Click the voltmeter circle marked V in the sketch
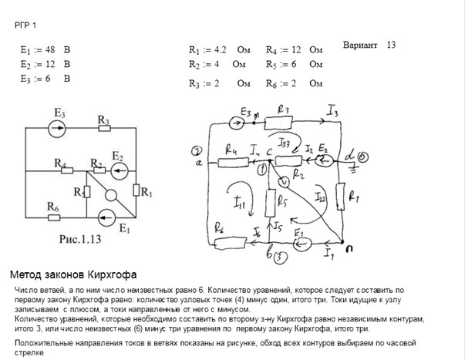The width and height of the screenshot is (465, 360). [x=284, y=181]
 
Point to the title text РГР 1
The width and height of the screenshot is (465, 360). [x=25, y=25]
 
